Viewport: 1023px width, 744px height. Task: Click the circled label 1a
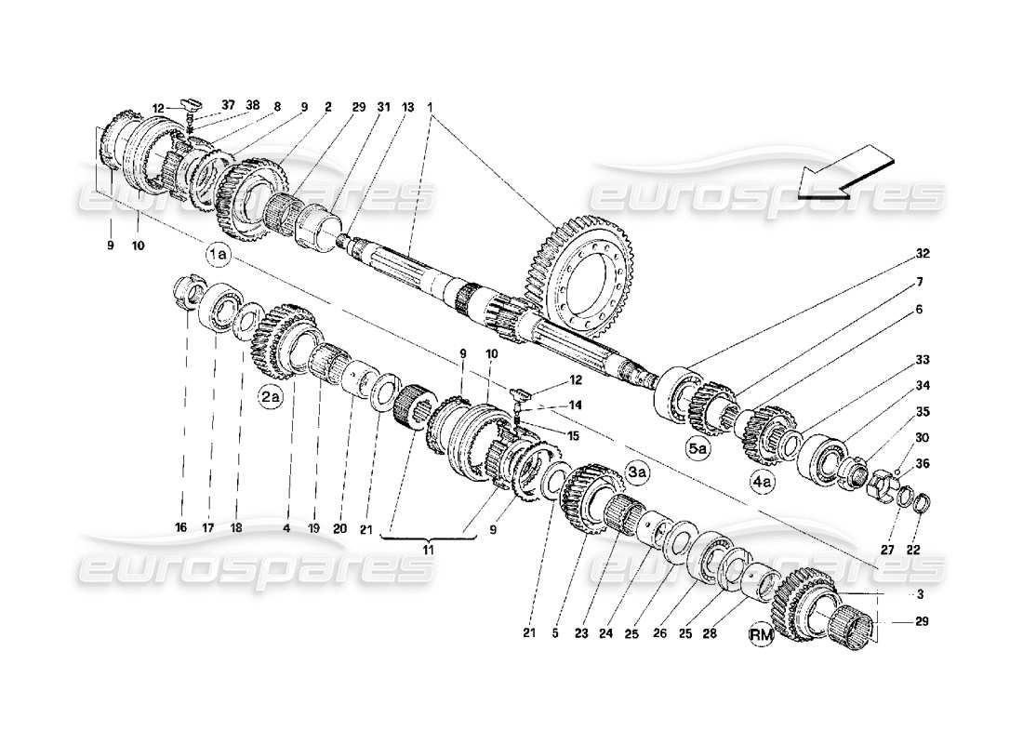(218, 253)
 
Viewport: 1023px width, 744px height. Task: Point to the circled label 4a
(762, 483)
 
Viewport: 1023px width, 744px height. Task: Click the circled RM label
(763, 634)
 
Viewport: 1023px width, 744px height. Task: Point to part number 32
(922, 253)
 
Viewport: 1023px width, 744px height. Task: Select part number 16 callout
(180, 527)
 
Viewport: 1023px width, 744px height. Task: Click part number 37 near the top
(229, 105)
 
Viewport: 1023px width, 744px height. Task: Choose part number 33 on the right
(921, 359)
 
